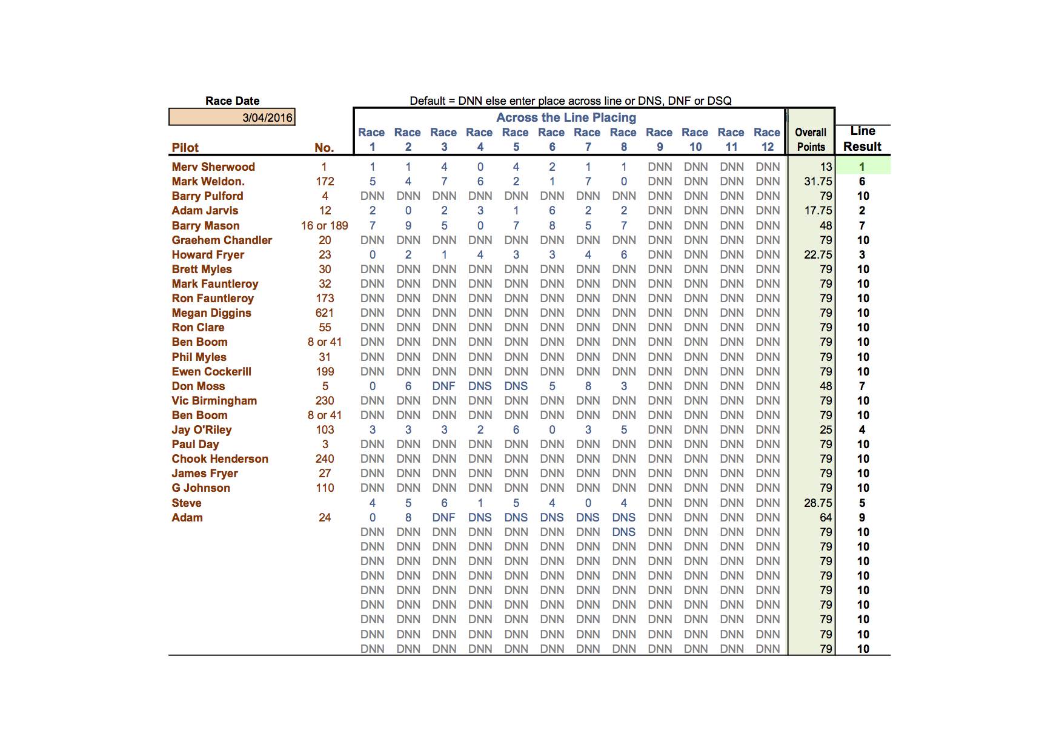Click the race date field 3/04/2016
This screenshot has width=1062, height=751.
pyautogui.click(x=232, y=117)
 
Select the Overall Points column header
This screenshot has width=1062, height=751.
pyautogui.click(x=811, y=139)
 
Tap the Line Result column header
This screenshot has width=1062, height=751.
pyautogui.click(x=862, y=139)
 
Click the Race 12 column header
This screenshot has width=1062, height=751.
pyautogui.click(x=767, y=139)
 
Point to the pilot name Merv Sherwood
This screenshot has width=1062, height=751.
pyautogui.click(x=213, y=167)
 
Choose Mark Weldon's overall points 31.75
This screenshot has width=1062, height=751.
pyautogui.click(x=818, y=182)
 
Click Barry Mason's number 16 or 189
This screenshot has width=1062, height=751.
pyautogui.click(x=325, y=226)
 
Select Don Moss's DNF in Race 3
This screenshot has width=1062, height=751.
pyautogui.click(x=444, y=386)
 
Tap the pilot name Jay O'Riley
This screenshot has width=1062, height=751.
pyautogui.click(x=202, y=430)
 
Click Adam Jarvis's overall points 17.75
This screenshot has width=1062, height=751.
pyautogui.click(x=818, y=211)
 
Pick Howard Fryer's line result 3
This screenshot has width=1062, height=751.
pyautogui.click(x=862, y=255)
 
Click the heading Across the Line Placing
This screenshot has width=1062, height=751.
pyautogui.click(x=566, y=117)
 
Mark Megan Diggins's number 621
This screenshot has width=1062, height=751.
pyautogui.click(x=325, y=313)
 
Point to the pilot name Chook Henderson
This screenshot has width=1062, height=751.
pyautogui.click(x=220, y=459)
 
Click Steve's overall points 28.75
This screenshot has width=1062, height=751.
pyautogui.click(x=818, y=503)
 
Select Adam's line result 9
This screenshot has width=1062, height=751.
pyautogui.click(x=862, y=518)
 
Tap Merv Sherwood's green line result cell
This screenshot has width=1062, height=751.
pyautogui.click(x=862, y=167)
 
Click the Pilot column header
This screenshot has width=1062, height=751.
pyautogui.click(x=185, y=148)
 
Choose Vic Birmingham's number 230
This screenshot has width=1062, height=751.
pyautogui.click(x=325, y=401)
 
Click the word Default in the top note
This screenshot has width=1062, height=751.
pyautogui.click(x=427, y=101)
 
